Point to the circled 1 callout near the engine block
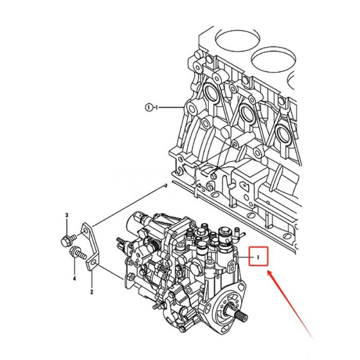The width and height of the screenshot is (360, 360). (x=149, y=107)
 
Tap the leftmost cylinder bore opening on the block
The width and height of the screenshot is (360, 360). (x=231, y=38)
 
